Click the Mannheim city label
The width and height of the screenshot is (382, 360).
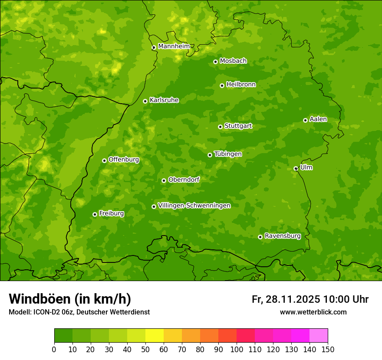[174, 46]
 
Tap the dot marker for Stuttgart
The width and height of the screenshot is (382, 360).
[220, 127]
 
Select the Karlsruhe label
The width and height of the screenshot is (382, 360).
[164, 100]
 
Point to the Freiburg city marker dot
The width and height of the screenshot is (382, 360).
[95, 214]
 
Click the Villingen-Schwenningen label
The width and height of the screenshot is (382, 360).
[194, 206]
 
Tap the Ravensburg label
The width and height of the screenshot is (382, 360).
[283, 236]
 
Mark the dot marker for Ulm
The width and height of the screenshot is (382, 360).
[296, 168]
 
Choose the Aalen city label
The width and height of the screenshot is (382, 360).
[318, 119]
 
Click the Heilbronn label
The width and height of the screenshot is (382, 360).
[241, 85]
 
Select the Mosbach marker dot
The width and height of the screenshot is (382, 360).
[215, 62]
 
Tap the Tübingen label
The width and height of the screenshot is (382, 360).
[228, 154]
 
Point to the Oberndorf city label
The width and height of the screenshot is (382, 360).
[184, 180]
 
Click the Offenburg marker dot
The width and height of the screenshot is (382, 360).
[104, 160]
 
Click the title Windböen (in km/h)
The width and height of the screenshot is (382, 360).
[70, 299]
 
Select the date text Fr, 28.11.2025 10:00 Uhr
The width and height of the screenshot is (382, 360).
[310, 299]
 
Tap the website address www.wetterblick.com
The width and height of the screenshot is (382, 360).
[313, 312]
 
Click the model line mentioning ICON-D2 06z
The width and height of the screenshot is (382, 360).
[79, 312]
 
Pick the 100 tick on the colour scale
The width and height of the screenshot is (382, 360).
[237, 349]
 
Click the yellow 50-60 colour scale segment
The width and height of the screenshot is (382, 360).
[155, 336]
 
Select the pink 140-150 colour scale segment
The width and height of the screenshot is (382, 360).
[319, 336]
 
